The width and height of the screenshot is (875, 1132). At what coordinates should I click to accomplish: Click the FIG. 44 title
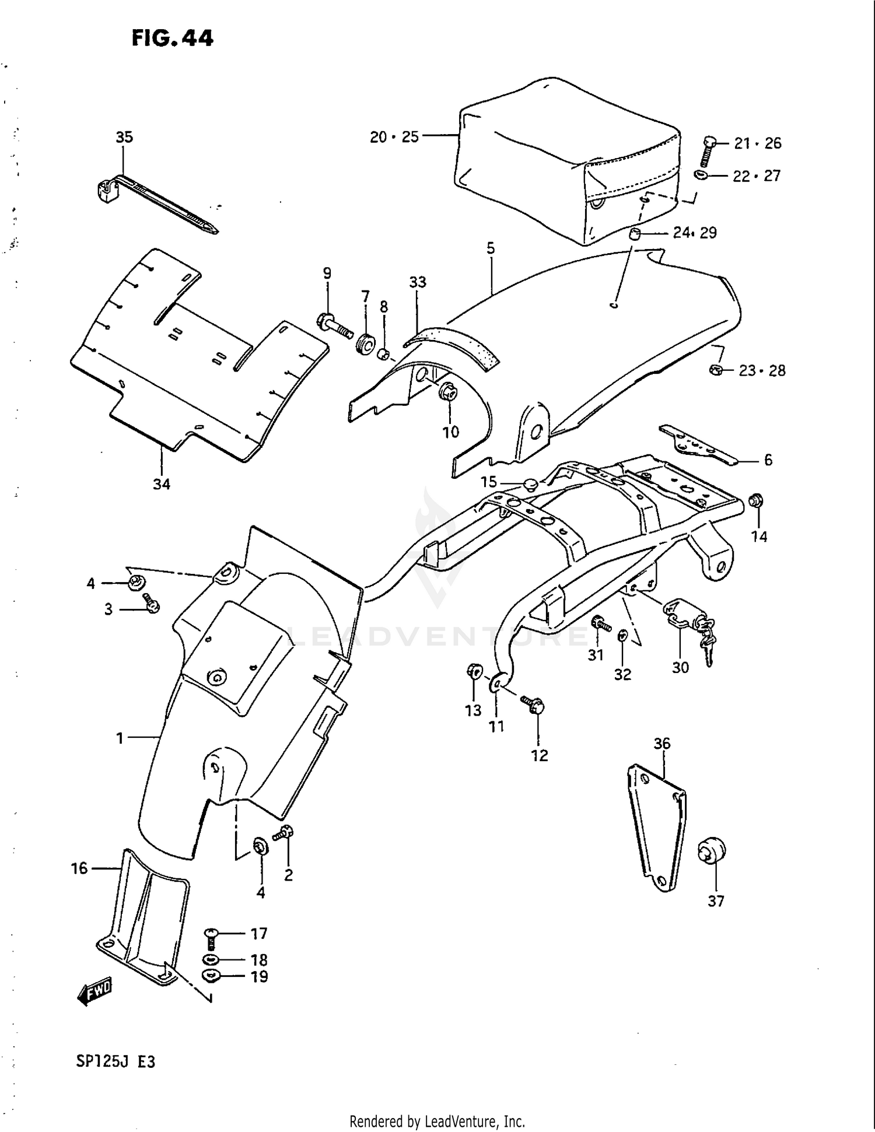pos(172,38)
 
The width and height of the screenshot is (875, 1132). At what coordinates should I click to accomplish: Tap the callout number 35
pos(124,137)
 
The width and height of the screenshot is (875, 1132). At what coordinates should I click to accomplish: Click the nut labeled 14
pos(756,500)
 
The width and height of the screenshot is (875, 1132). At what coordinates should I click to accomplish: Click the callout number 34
pos(162,483)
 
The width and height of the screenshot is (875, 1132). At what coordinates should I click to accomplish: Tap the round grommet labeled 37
pos(712,853)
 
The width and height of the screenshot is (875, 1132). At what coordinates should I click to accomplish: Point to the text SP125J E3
pos(116,1061)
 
